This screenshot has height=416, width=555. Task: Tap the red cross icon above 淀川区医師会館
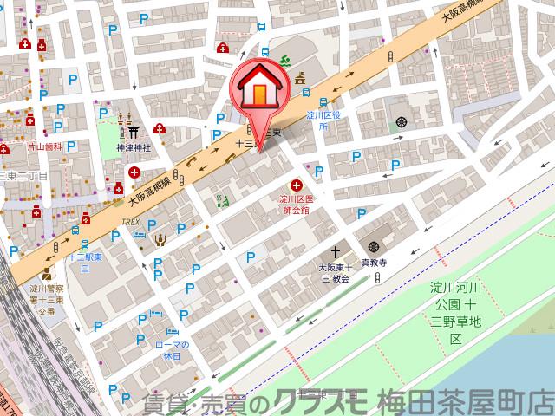click(297, 185)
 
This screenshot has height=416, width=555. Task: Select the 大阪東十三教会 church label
click(333, 273)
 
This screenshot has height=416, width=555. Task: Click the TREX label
click(131, 222)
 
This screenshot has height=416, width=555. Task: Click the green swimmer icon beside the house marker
click(284, 62)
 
